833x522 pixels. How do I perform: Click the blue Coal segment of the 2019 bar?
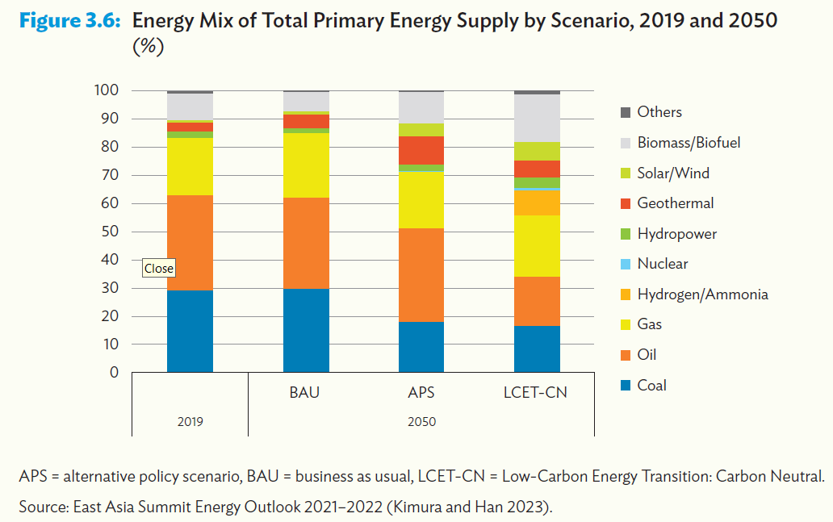click(190, 331)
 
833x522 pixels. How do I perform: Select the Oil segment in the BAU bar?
click(306, 243)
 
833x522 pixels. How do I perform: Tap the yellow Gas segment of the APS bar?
click(421, 200)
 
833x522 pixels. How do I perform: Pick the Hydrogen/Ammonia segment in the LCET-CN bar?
click(538, 203)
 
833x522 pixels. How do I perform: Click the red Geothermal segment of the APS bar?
click(421, 150)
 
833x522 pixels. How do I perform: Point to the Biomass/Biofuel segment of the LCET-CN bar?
click(538, 118)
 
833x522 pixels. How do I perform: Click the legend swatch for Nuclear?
click(625, 264)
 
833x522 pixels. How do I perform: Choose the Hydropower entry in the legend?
click(676, 234)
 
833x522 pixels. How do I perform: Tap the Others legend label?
click(659, 112)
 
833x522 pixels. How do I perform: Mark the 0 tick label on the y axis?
click(114, 373)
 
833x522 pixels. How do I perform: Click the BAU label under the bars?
click(305, 393)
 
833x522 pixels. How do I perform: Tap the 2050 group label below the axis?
click(421, 421)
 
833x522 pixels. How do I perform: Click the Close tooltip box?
click(159, 269)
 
